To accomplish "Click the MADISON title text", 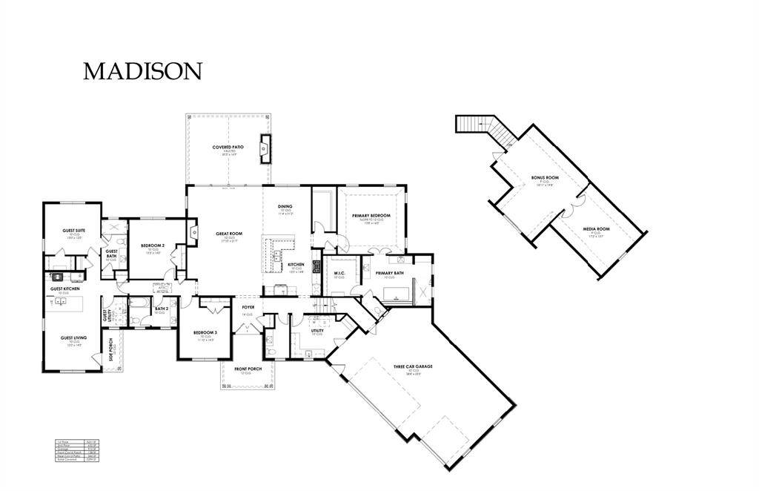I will coord(142,71).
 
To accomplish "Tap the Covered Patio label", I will coord(228,148).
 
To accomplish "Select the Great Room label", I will coord(229,234).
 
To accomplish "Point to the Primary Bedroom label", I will coord(371,215).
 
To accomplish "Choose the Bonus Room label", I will coord(545,178).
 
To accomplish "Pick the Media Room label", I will coord(596,229).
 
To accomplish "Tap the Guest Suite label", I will coord(73,231).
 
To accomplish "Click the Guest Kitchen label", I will coord(64,289).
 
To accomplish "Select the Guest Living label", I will coord(73,338).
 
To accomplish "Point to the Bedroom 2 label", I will coord(153,245).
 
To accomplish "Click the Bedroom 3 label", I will coord(205,332).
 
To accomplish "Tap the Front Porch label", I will coord(249,369).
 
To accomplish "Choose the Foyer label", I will coord(248,306).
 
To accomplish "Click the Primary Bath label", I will coord(389,273).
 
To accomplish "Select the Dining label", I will coord(285,206).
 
